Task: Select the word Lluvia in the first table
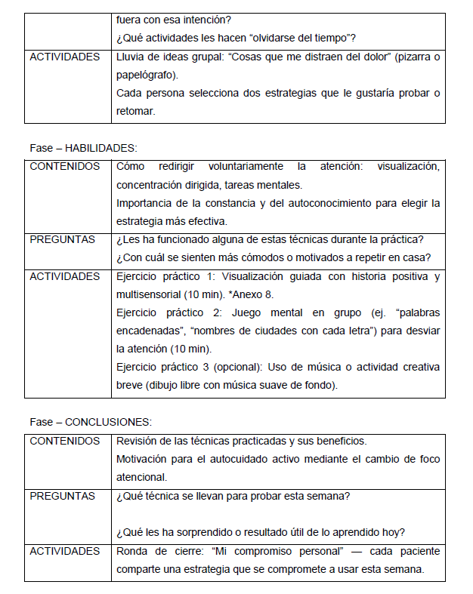tap(131, 57)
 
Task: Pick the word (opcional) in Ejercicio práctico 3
tap(230, 368)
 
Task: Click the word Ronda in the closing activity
tap(132, 552)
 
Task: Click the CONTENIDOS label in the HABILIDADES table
tap(64, 166)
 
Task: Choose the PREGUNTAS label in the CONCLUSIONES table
tap(62, 496)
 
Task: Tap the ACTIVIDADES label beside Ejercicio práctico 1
tap(64, 276)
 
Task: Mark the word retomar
tap(136, 111)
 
